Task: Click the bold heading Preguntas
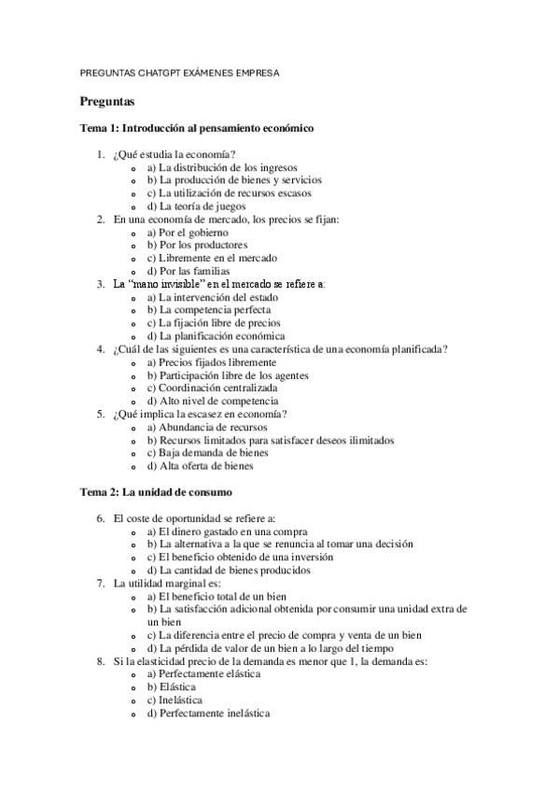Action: tap(107, 101)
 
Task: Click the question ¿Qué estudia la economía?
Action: tap(174, 154)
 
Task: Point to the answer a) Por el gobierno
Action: tap(187, 232)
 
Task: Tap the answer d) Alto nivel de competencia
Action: tap(218, 401)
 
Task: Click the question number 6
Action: tap(101, 517)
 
